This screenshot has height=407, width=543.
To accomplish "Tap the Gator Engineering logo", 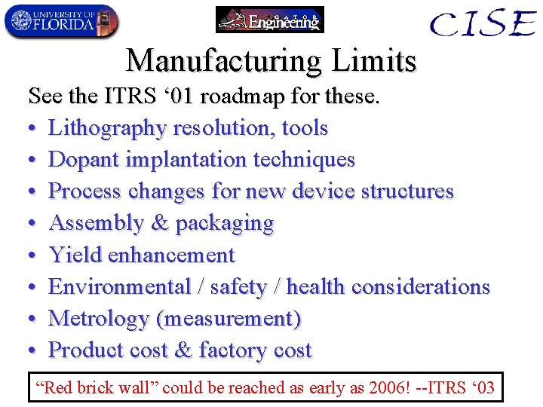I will coord(269,20).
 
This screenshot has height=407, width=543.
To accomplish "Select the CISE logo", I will coord(482,23).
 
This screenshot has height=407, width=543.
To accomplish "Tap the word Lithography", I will coord(108,128).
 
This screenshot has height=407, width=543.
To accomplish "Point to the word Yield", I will coord(75,255).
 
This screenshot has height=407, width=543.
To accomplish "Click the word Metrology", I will coord(99,319).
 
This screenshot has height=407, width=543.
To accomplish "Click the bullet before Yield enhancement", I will coord(33,256).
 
